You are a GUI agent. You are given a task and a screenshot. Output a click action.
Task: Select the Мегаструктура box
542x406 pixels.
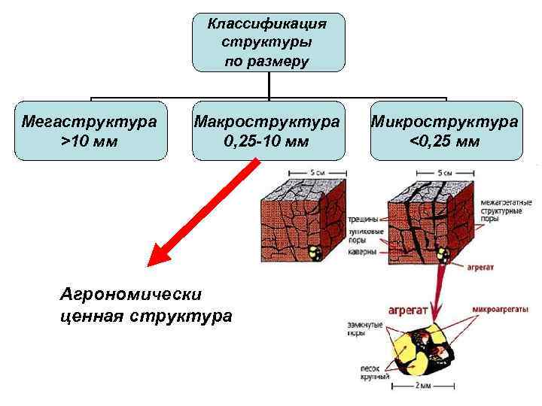point(90,130)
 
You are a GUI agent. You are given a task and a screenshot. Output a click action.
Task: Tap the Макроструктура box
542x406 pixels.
point(266,130)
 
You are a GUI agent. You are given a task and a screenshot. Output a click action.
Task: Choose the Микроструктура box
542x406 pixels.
point(446,130)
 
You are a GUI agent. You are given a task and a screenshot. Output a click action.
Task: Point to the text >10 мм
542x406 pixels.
point(90,141)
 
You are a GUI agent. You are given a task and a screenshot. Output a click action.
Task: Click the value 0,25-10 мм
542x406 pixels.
point(266,141)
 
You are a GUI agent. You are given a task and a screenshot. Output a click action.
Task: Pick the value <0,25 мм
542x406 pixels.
point(446,141)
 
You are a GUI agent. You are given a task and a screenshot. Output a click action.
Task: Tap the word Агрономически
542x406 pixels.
point(132,294)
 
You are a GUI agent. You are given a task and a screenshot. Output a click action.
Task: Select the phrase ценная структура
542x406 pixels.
point(146,315)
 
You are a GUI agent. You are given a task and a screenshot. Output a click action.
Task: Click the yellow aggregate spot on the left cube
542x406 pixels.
point(315,253)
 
